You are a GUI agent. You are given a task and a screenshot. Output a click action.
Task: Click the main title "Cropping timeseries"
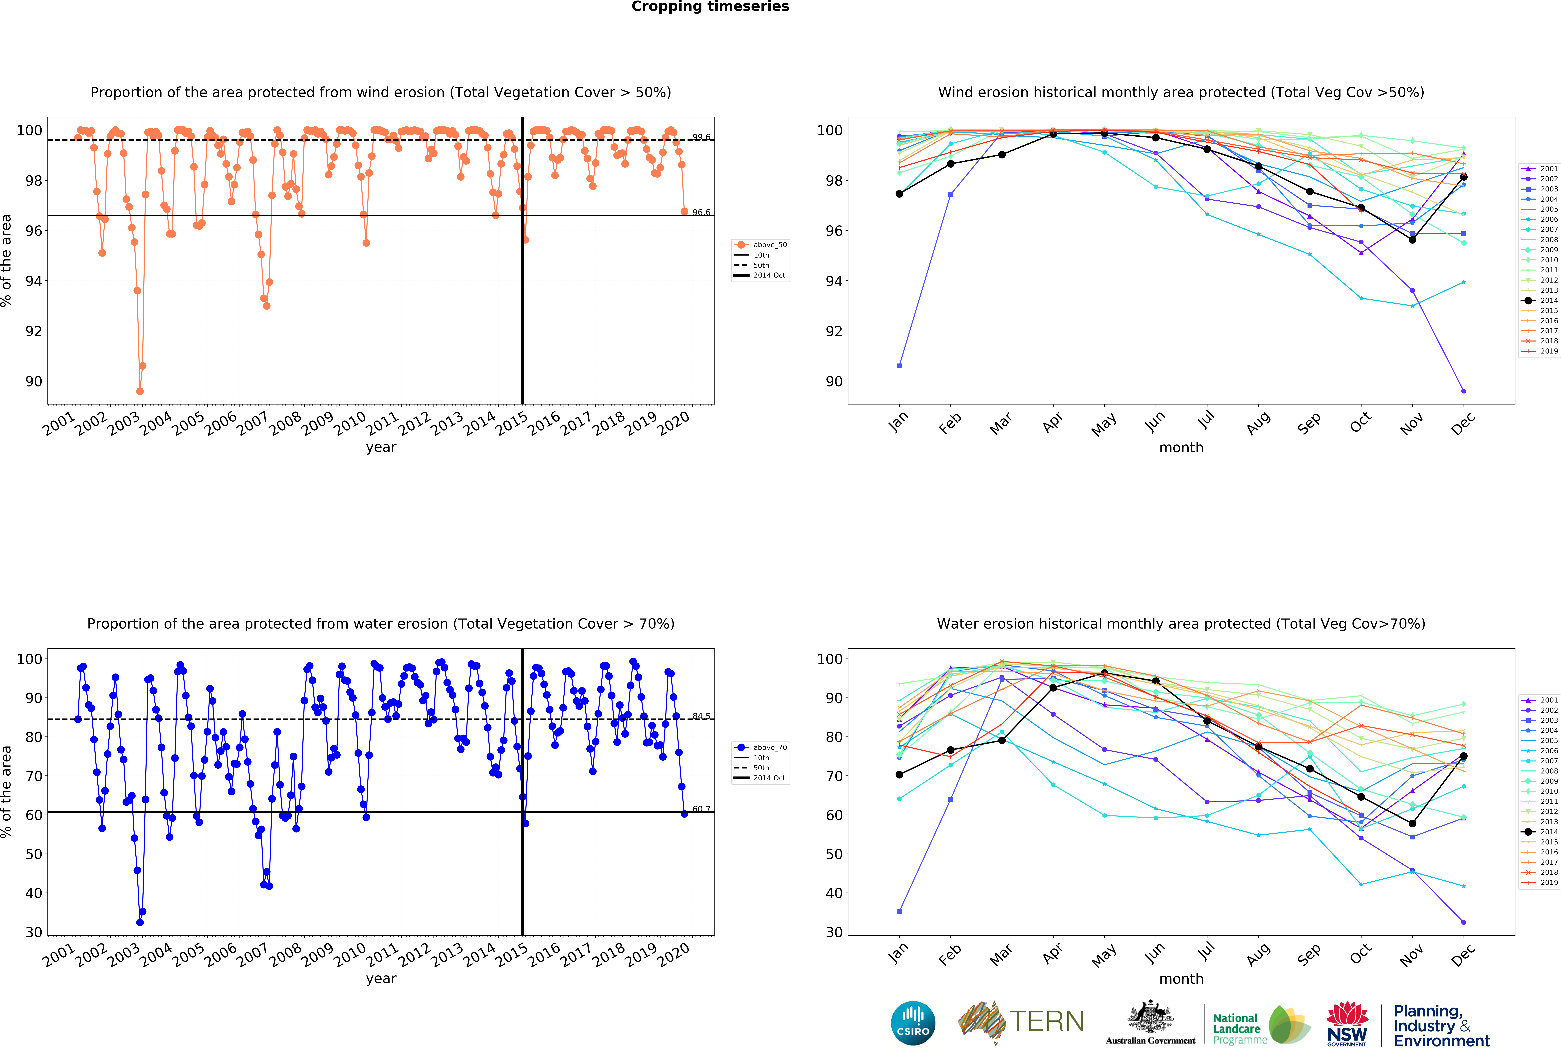click(x=710, y=7)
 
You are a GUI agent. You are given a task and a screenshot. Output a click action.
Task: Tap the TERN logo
click(x=1021, y=1022)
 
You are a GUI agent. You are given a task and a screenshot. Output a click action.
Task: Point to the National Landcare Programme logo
click(x=1261, y=1025)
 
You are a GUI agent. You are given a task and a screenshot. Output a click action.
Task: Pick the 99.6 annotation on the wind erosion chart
click(x=701, y=137)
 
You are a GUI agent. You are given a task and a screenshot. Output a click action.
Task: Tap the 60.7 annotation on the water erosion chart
click(x=701, y=809)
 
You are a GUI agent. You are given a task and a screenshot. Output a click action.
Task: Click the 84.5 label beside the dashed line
click(x=701, y=716)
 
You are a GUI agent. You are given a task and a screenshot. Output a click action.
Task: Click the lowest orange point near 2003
click(x=140, y=391)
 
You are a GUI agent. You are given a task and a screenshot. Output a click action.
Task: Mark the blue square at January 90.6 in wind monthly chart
click(x=899, y=366)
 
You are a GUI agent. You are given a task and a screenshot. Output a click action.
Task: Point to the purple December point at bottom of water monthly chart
click(x=1464, y=922)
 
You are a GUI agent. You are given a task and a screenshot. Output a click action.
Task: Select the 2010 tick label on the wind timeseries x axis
click(x=350, y=424)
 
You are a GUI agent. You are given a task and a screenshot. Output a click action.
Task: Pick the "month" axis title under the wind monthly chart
click(x=1181, y=447)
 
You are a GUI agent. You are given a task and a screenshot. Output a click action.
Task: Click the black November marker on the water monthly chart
click(x=1413, y=823)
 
